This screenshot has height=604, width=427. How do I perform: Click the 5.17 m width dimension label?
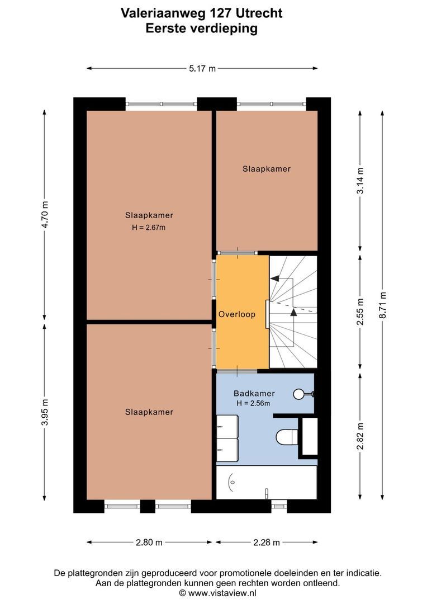pyautogui.click(x=202, y=69)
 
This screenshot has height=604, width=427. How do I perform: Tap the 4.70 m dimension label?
pyautogui.click(x=45, y=215)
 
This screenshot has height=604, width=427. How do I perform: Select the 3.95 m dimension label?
pyautogui.click(x=45, y=412)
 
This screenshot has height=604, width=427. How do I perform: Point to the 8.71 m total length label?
pyautogui.click(x=382, y=305)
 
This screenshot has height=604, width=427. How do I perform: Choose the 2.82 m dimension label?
pyautogui.click(x=360, y=436)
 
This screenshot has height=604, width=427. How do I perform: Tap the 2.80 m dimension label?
pyautogui.click(x=149, y=542)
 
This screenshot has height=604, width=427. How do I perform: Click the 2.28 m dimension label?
pyautogui.click(x=267, y=542)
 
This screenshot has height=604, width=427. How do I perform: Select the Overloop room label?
pyautogui.click(x=237, y=314)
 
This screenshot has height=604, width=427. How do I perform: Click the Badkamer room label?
pyautogui.click(x=254, y=393)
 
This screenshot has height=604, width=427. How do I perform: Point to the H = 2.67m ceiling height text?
pyautogui.click(x=149, y=227)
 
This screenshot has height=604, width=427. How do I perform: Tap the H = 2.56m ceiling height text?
pyautogui.click(x=253, y=403)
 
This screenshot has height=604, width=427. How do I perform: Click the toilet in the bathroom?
pyautogui.click(x=287, y=436)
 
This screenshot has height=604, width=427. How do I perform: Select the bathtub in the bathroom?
pyautogui.click(x=267, y=482)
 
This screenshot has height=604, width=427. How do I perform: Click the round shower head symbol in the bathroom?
pyautogui.click(x=298, y=394)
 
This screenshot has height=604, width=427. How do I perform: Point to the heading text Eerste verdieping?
pyautogui.click(x=201, y=28)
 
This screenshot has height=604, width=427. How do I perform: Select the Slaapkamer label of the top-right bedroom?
pyautogui.click(x=267, y=169)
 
